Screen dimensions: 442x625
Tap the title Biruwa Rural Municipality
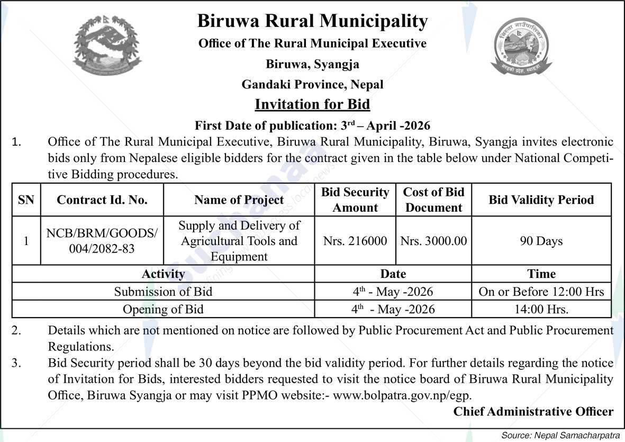[x=312, y=21]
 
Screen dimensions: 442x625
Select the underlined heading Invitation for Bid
[x=312, y=104]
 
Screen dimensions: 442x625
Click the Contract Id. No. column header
[x=102, y=200]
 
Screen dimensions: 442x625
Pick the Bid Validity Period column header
[x=541, y=200]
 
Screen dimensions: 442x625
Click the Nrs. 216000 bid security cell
[x=355, y=241]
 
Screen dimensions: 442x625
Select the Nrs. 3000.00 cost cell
[x=433, y=241]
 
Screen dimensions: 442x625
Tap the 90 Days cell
[x=541, y=241]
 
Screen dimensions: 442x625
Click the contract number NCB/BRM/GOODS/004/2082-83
[x=102, y=241]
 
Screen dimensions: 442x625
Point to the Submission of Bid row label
[x=163, y=292]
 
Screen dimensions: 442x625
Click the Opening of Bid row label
[x=163, y=309]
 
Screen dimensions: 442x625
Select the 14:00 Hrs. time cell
[x=541, y=309]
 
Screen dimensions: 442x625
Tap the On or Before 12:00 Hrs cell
[x=541, y=292]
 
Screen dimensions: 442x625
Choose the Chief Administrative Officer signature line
[x=533, y=412]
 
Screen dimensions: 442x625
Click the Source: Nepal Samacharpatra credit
[x=560, y=435]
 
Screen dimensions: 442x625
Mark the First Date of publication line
[x=312, y=125]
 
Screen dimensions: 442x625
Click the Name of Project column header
[x=239, y=200]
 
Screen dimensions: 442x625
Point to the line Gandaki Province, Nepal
[x=312, y=84]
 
